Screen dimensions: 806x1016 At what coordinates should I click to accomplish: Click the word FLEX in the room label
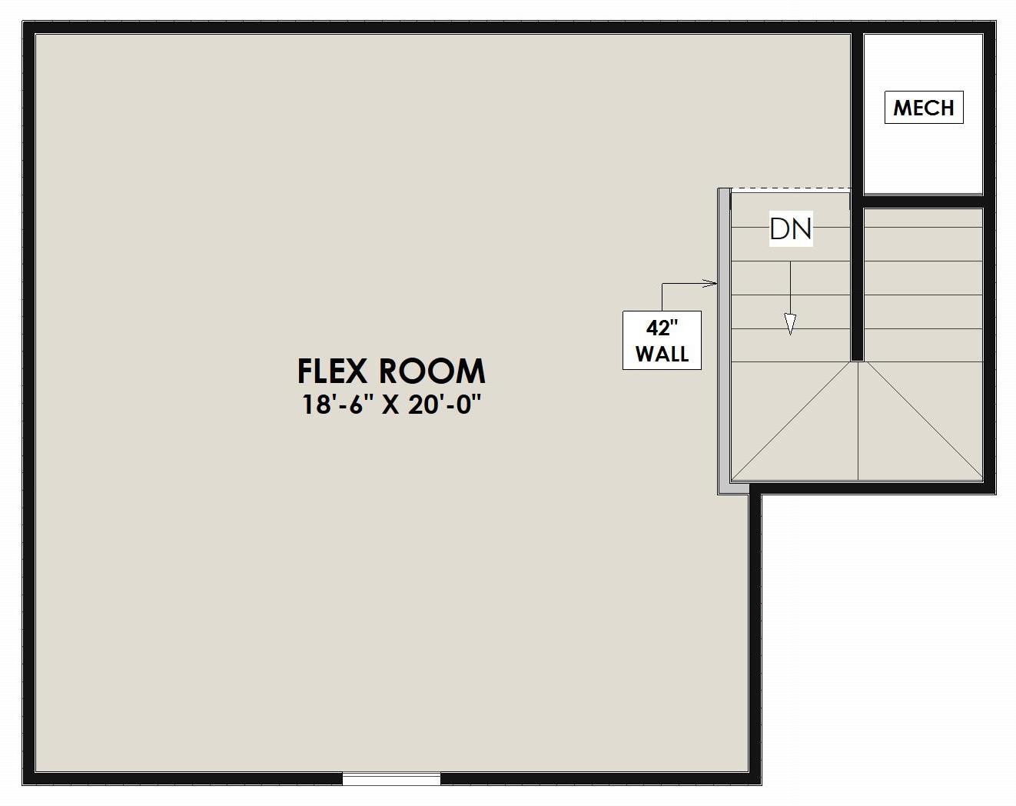[x=334, y=371]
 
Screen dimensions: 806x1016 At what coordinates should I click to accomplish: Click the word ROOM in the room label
[x=433, y=371]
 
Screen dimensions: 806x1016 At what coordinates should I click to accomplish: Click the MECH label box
[x=923, y=108]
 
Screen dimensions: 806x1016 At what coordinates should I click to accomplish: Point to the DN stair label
[x=790, y=228]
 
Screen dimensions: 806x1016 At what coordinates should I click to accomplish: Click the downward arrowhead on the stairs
[x=789, y=325]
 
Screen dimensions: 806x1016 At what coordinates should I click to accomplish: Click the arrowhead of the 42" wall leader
[x=712, y=284]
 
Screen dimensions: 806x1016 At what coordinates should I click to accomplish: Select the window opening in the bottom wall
[x=391, y=779]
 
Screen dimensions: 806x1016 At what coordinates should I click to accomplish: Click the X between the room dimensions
[x=390, y=405]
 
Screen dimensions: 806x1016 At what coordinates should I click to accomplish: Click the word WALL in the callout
[x=662, y=355]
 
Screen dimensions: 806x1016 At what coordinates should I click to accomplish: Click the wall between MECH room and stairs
[x=922, y=201]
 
